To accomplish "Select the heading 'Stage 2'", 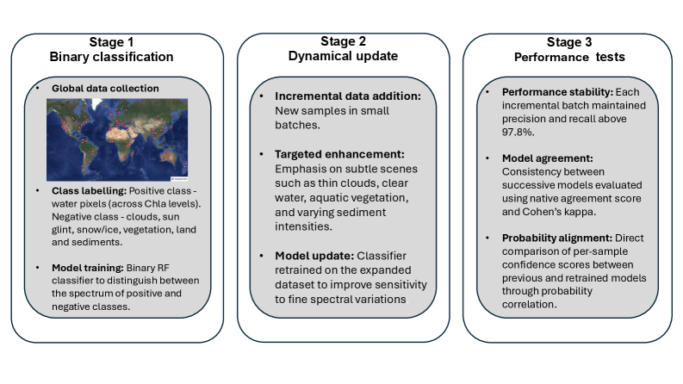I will click(343, 41).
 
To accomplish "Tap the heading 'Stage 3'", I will click(569, 41).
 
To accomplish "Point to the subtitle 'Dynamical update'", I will click(343, 57).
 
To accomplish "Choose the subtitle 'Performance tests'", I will click(569, 57).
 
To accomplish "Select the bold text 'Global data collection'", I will click(105, 88).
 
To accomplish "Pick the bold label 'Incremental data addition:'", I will click(347, 96).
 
